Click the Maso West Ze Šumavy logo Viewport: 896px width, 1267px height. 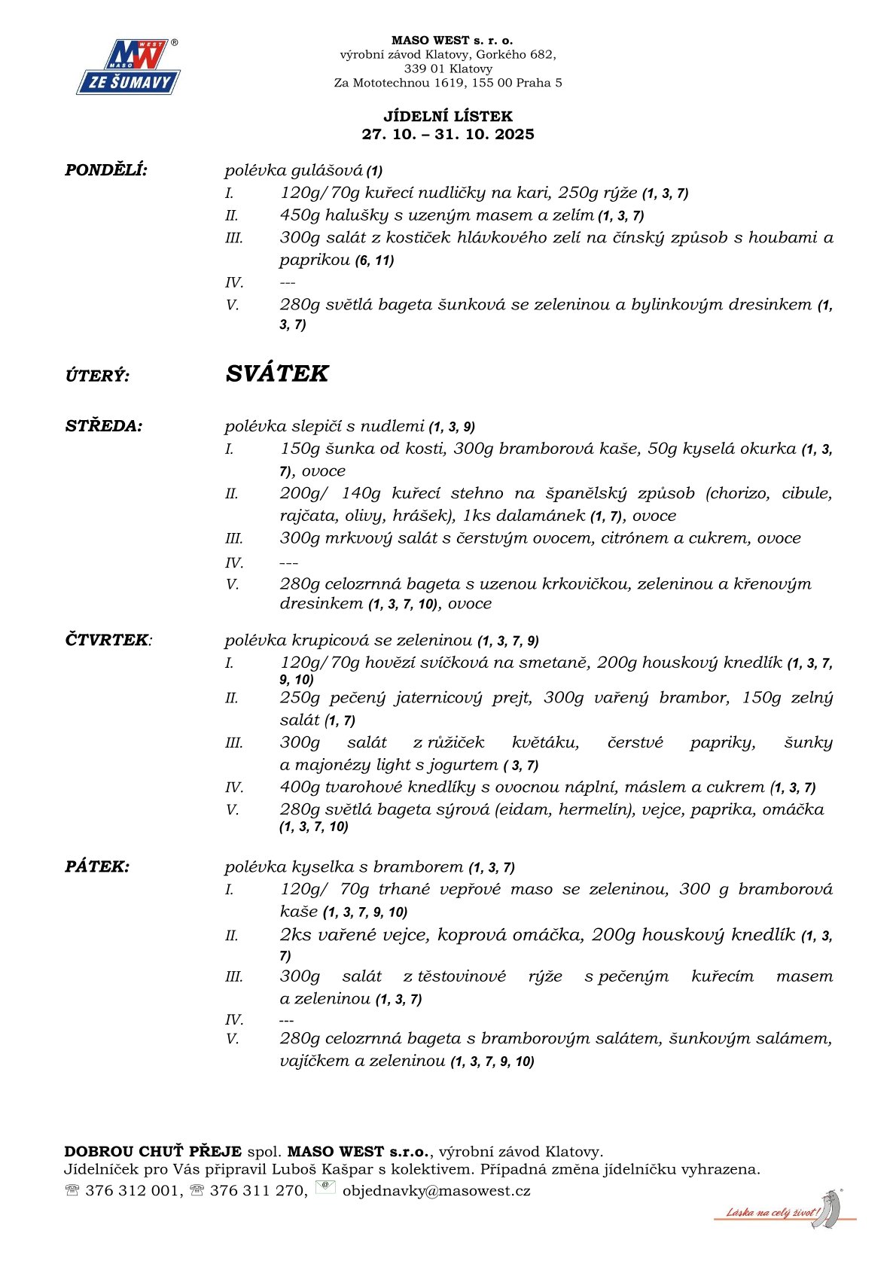[128, 68]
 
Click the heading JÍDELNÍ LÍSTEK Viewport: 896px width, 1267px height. [448, 116]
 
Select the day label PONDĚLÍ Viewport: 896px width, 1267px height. [106, 170]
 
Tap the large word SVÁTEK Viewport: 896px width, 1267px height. [276, 374]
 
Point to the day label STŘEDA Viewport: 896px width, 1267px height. [103, 426]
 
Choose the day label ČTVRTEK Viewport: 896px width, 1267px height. [107, 640]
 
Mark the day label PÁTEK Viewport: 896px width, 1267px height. [97, 866]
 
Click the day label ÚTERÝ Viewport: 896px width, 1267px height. [97, 376]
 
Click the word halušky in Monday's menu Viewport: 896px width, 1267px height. [349, 215]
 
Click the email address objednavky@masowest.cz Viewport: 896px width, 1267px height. [436, 1190]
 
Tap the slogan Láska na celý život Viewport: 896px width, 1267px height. [772, 1212]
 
